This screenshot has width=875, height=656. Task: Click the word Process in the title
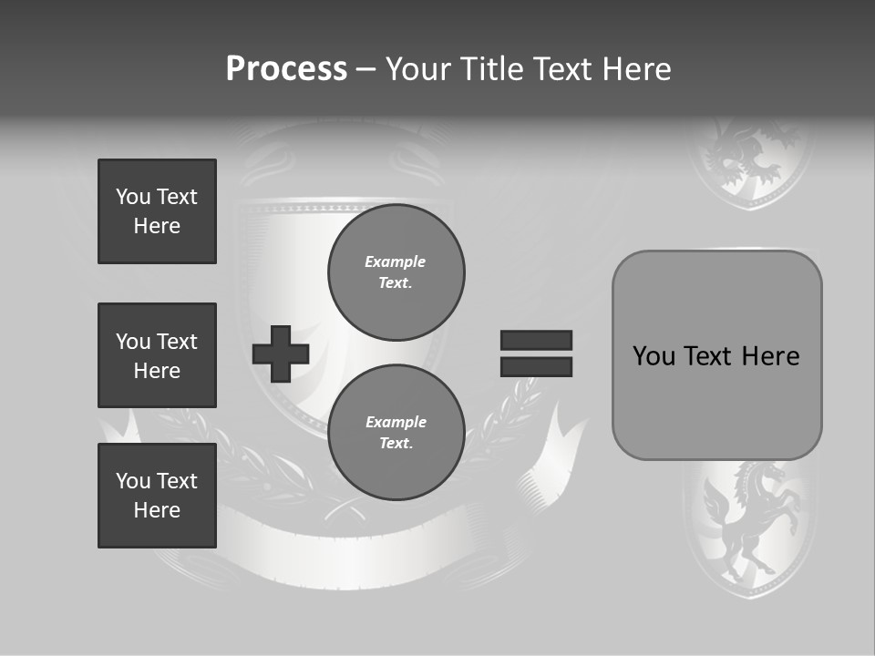pos(286,69)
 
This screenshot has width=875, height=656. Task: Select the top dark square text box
pos(157,211)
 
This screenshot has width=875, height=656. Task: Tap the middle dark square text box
pos(157,355)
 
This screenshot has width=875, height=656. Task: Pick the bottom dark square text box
pos(157,496)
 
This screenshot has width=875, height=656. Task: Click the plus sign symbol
pos(281,354)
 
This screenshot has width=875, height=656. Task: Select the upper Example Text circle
pos(396,272)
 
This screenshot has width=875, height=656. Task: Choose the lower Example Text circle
pos(396,433)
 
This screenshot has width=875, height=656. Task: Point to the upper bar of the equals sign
pos(536,341)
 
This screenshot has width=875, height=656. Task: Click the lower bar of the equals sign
pos(536,366)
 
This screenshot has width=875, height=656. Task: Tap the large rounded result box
pos(716,401)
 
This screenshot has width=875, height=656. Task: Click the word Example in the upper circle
pos(396,261)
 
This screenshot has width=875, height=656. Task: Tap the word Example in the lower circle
pos(396,422)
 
